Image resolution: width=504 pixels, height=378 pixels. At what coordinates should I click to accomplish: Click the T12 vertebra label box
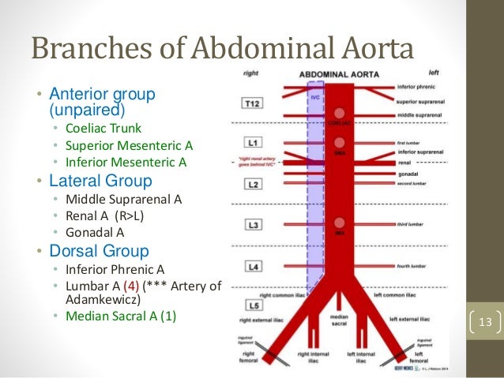(x=251, y=103)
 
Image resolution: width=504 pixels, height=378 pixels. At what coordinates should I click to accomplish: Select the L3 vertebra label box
(x=251, y=226)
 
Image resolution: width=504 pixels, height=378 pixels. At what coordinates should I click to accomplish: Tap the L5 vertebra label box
(x=251, y=304)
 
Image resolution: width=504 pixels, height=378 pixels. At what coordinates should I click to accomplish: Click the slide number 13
(x=484, y=323)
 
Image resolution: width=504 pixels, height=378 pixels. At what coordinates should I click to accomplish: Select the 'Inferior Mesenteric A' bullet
(x=125, y=163)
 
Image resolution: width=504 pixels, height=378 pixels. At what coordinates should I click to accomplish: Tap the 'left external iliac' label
(x=416, y=320)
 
